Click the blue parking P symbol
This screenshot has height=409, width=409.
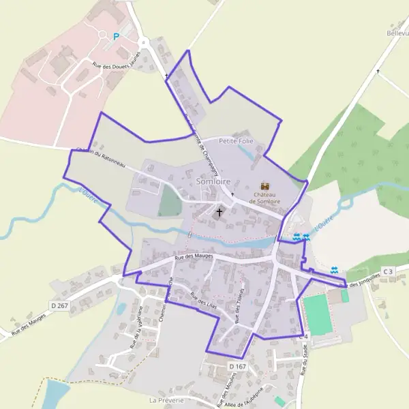click(x=116, y=37)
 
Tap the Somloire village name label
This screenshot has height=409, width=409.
click(x=213, y=182)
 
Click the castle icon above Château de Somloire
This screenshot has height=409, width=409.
click(x=265, y=185)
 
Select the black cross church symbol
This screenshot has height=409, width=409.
click(x=219, y=212)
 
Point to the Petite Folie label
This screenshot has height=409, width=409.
click(x=237, y=140)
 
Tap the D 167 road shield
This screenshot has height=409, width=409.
click(x=237, y=367)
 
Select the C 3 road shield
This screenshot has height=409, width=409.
click(x=389, y=272)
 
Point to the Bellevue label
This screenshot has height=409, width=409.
click(x=397, y=33)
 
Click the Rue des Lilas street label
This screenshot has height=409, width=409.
click(x=203, y=299)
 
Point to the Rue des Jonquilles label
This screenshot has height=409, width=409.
click(x=365, y=279)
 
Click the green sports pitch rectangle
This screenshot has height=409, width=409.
click(x=318, y=315)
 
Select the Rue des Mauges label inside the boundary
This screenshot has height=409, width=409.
click(x=194, y=257)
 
